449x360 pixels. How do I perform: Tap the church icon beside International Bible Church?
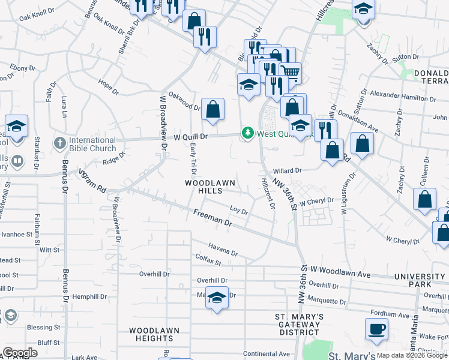pos(59,143)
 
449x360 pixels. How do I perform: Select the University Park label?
pos(420,280)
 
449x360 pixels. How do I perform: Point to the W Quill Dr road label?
pos(190,137)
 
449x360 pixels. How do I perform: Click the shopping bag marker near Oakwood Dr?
pos(212,110)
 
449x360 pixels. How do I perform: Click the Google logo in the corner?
pos(20,353)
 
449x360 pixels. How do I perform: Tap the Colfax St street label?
pos(208,260)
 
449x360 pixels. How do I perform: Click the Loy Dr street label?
pos(239,210)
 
